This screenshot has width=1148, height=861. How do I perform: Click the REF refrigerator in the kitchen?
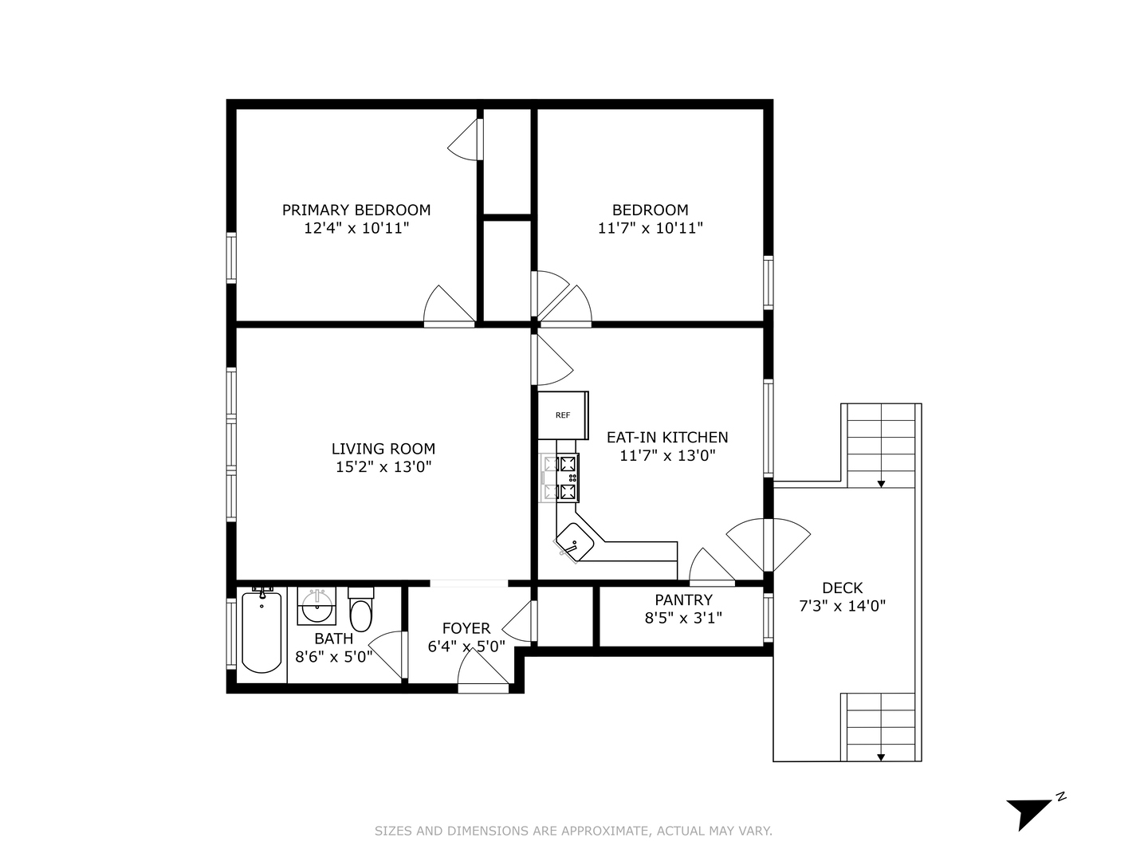click(x=563, y=415)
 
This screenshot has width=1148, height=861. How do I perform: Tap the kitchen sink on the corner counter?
click(x=575, y=544)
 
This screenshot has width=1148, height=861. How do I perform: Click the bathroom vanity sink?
click(x=317, y=607)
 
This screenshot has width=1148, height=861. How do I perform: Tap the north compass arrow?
click(x=1032, y=812)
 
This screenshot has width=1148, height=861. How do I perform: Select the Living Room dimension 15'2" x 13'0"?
click(x=383, y=467)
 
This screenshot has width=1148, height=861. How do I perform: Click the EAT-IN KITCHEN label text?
click(x=667, y=437)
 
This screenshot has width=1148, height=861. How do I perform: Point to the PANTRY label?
click(x=683, y=600)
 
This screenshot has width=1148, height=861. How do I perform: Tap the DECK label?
click(x=842, y=588)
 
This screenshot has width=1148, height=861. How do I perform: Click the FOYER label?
click(x=466, y=628)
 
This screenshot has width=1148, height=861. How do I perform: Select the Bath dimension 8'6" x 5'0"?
click(x=333, y=657)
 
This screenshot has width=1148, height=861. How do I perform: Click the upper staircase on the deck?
click(x=880, y=446)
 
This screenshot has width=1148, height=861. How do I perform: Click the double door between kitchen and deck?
click(x=768, y=545)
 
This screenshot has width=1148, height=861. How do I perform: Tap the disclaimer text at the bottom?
click(x=573, y=831)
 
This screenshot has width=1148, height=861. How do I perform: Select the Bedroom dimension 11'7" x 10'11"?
click(x=650, y=228)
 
